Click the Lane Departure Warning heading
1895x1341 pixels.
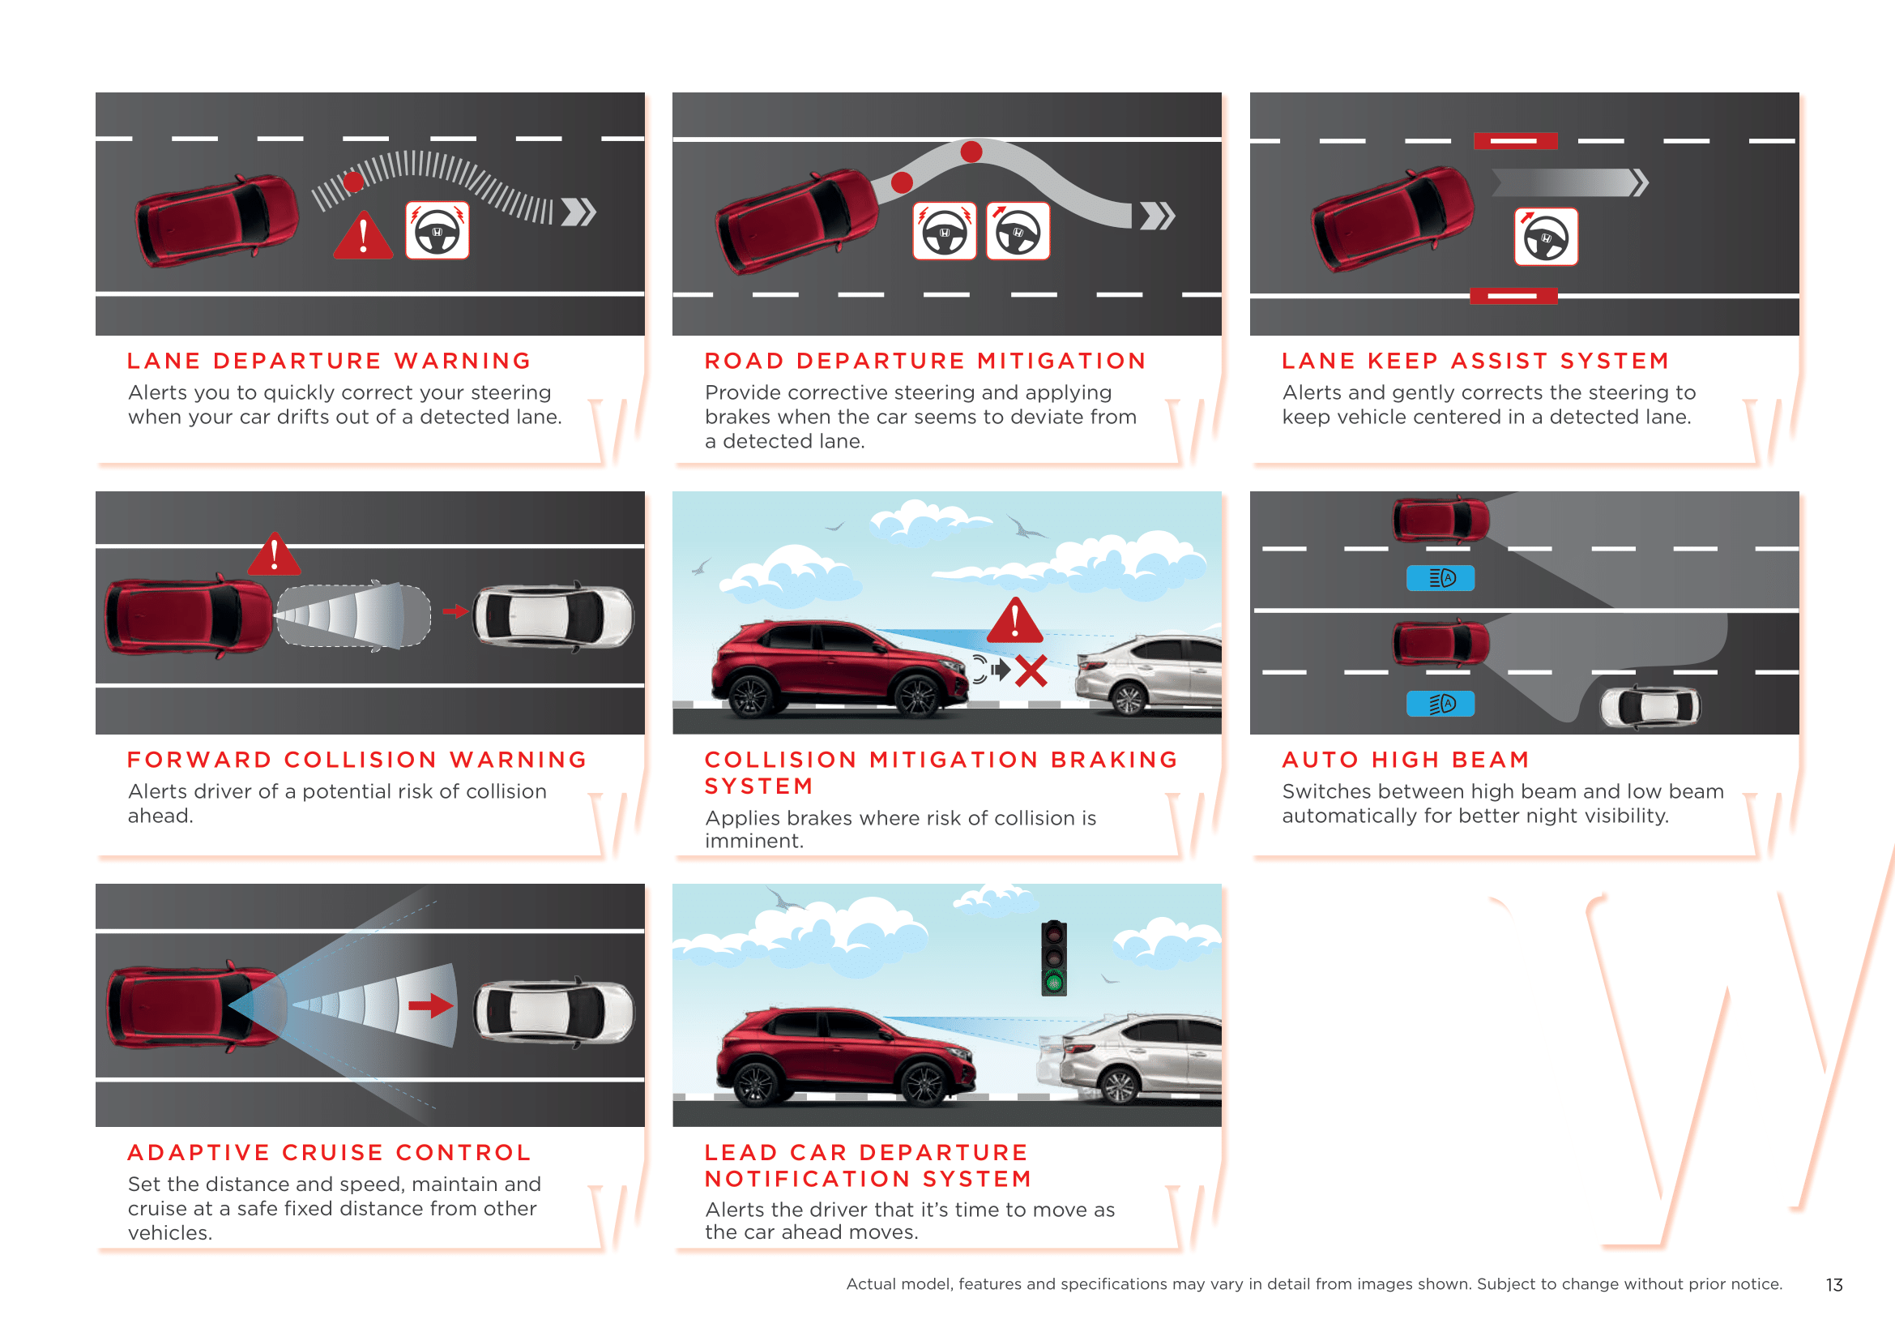[x=328, y=361]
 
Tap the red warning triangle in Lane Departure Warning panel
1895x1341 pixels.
[x=363, y=236]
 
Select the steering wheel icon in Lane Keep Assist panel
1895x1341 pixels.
[x=1546, y=237]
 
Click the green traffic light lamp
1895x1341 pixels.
[x=1054, y=982]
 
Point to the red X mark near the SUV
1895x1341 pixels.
[x=1031, y=670]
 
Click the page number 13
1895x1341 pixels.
[x=1834, y=1285]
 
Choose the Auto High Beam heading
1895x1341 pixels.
[x=1406, y=760]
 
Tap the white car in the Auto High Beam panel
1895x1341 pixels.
[x=1650, y=707]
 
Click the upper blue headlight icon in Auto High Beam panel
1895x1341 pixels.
[x=1440, y=578]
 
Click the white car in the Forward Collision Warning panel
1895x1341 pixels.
[x=553, y=616]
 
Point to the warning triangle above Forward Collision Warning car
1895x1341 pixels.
[x=275, y=554]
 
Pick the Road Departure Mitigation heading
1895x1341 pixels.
[x=925, y=361]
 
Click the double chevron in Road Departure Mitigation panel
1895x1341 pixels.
[x=1157, y=216]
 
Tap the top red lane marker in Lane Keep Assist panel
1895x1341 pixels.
[x=1515, y=141]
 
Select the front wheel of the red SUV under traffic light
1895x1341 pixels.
[x=924, y=1084]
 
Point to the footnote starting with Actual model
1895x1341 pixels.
[x=1314, y=1284]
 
